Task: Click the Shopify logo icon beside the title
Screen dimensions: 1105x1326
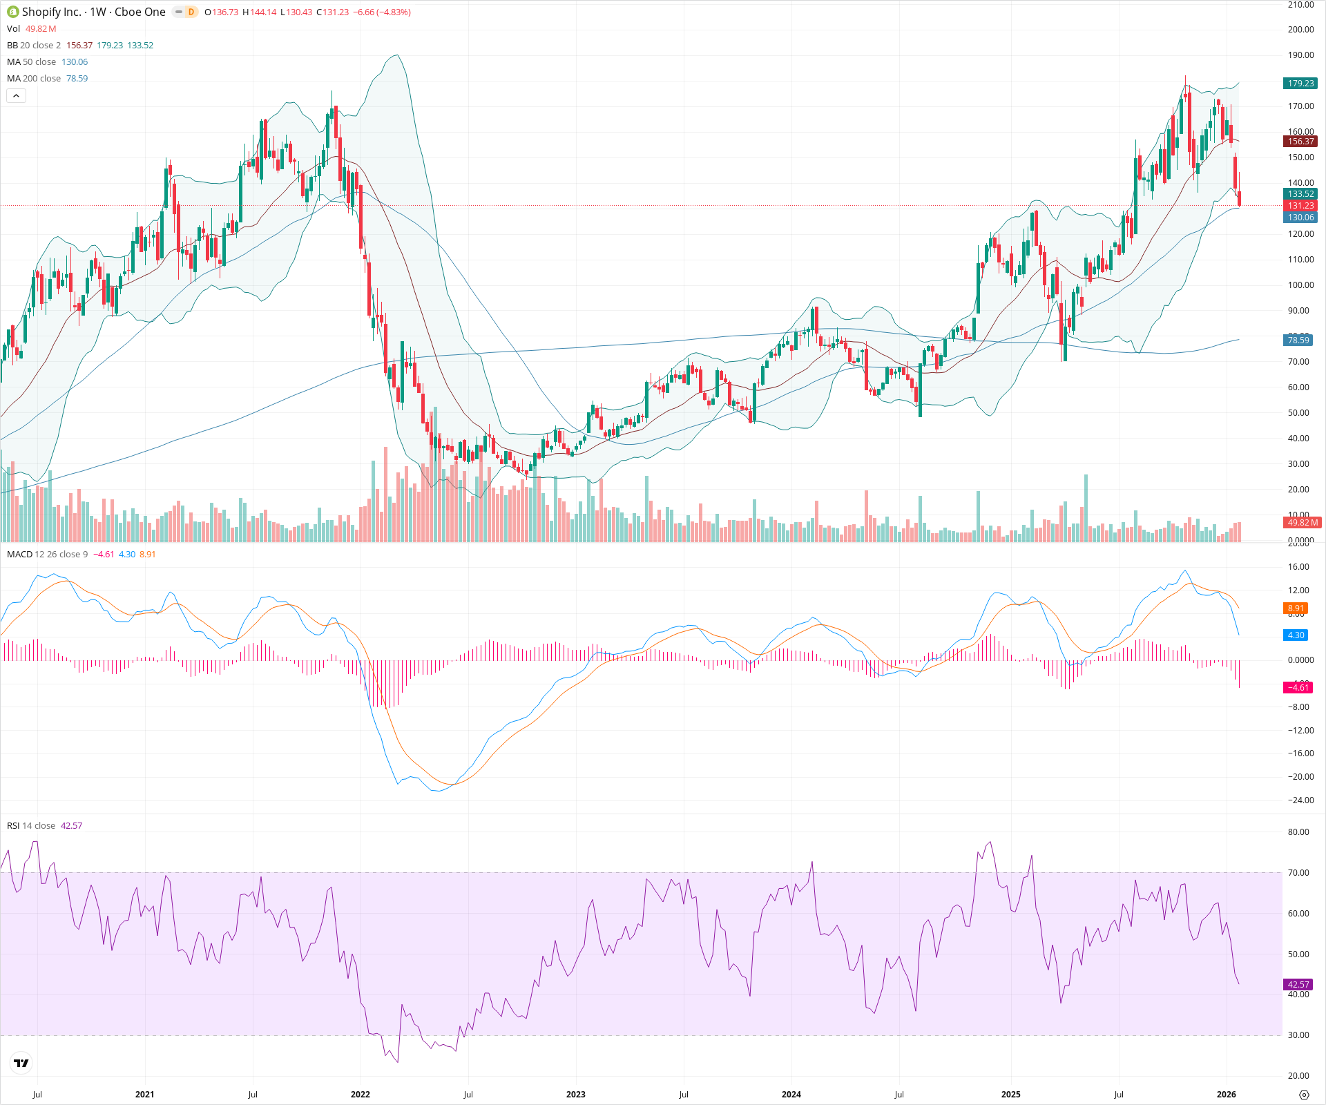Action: click(12, 12)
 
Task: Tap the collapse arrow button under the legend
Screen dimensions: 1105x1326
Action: click(16, 96)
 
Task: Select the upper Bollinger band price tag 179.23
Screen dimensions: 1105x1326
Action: click(1300, 83)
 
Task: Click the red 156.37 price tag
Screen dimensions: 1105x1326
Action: click(1300, 142)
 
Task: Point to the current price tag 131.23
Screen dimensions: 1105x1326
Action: click(1300, 206)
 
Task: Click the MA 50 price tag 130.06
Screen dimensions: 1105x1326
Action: click(1300, 218)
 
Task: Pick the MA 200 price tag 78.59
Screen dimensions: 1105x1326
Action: click(1298, 340)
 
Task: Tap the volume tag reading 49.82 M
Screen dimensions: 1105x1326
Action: click(1303, 523)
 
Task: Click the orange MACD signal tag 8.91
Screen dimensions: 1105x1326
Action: click(1296, 608)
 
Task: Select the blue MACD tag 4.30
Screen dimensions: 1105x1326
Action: click(1296, 635)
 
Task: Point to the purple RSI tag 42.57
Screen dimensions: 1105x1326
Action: click(1298, 985)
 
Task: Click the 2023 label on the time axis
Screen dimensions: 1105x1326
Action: click(575, 1095)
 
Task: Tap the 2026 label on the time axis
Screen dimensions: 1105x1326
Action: click(1226, 1095)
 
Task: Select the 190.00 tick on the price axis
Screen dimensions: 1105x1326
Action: click(1300, 55)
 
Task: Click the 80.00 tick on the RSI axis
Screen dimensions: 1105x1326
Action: click(1298, 832)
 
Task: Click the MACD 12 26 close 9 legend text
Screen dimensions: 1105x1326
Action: click(47, 555)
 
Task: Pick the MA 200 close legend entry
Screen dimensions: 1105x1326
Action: click(34, 79)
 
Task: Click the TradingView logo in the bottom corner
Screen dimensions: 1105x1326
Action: click(21, 1063)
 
